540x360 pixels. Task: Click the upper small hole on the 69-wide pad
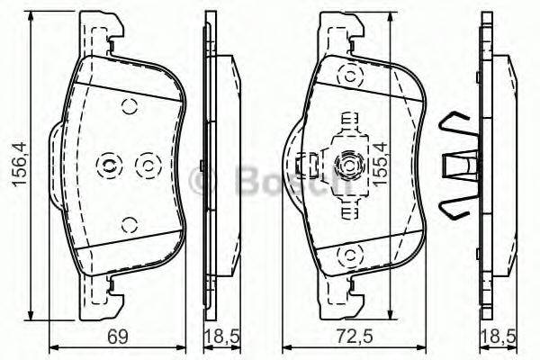[128, 105]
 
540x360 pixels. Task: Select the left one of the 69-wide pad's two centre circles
[107, 164]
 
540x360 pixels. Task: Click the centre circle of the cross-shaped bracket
[345, 165]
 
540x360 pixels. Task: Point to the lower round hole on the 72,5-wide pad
[345, 258]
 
